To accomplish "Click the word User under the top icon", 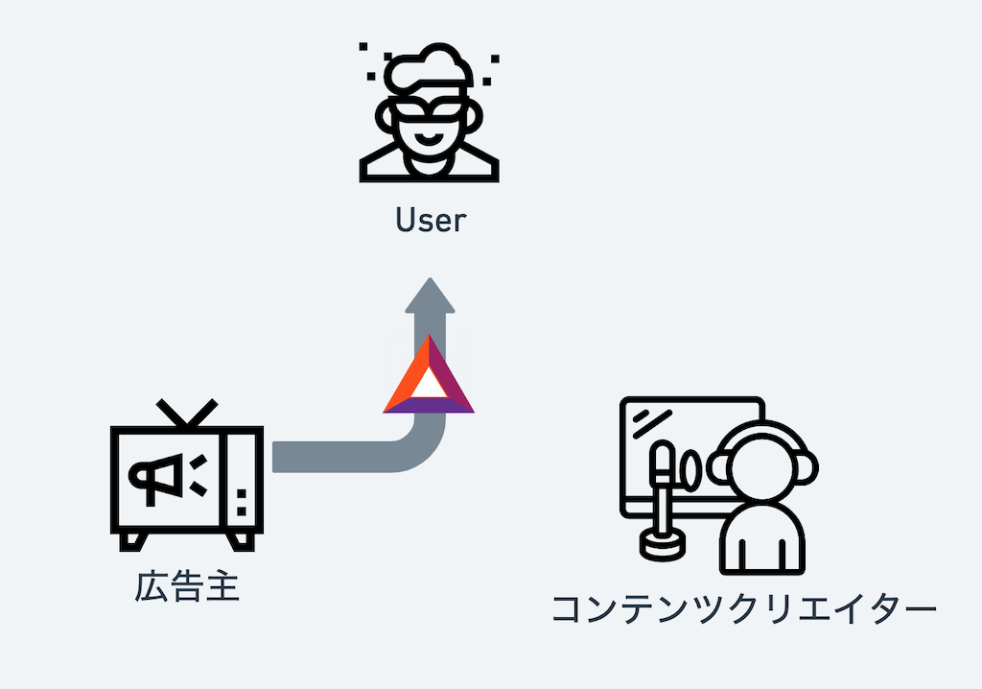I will pyautogui.click(x=430, y=221).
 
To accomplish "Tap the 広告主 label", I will pyautogui.click(x=187, y=585).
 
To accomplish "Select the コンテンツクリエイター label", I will pyautogui.click(x=743, y=608).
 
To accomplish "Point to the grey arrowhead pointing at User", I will pyautogui.click(x=430, y=296).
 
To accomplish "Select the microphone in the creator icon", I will pyautogui.click(x=662, y=471).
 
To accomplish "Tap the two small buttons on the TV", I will pyautogui.click(x=242, y=500).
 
